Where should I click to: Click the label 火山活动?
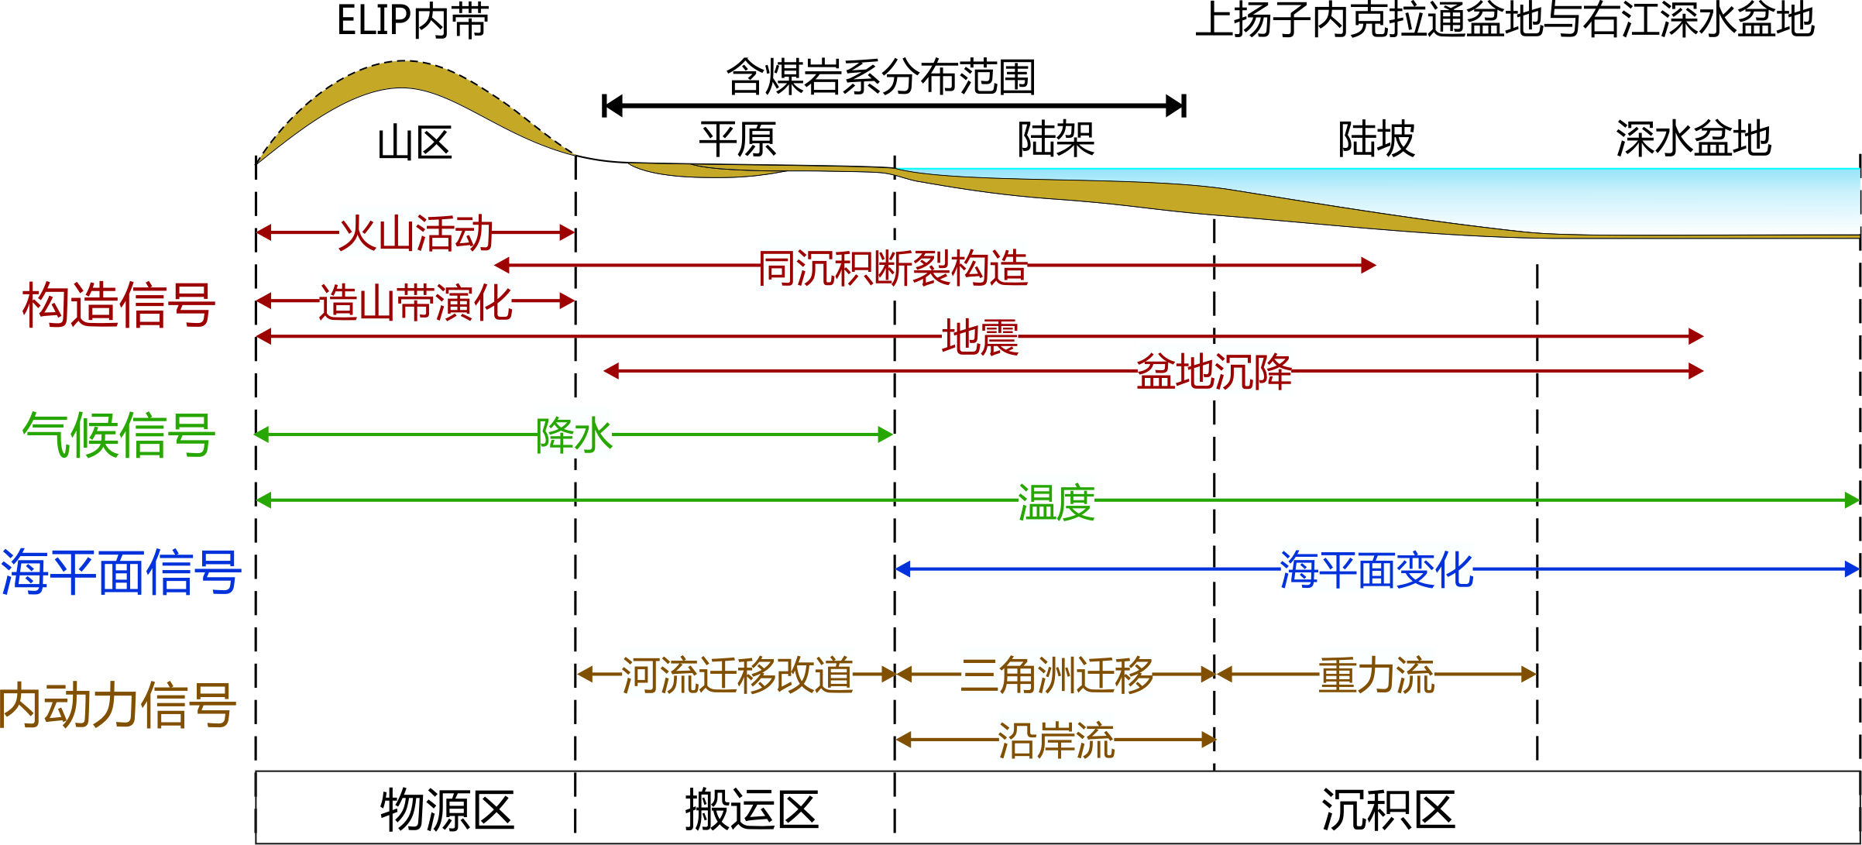416,233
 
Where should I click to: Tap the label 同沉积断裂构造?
892,268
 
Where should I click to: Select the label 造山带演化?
416,303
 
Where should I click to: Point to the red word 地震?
980,338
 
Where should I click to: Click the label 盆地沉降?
1214,373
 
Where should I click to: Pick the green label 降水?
574,435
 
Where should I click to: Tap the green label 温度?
1056,503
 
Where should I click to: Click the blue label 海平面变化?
1376,571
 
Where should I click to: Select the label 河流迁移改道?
737,675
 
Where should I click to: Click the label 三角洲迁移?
1056,675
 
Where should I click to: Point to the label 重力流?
1376,675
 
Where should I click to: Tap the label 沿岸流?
1056,741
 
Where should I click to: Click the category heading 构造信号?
119,304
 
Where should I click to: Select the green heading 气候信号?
119,435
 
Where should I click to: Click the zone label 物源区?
447,810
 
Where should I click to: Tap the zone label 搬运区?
751,810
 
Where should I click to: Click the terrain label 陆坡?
1376,139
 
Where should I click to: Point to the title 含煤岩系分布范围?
881,77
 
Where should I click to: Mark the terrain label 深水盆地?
1693,139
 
